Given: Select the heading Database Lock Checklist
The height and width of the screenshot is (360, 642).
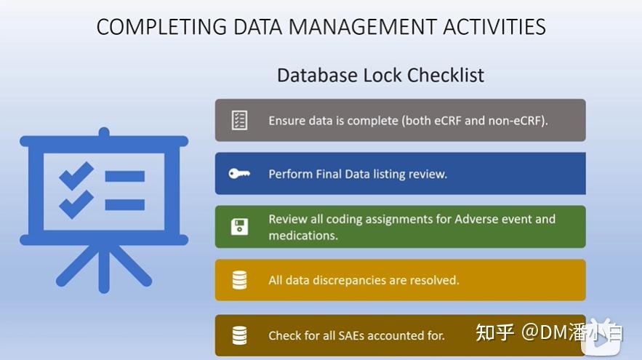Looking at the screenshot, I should (380, 75).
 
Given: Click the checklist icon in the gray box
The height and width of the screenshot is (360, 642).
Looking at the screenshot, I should (239, 120).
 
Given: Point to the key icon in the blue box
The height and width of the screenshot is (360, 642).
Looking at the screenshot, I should (239, 174).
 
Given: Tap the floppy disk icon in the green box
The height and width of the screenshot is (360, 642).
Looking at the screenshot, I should (239, 227).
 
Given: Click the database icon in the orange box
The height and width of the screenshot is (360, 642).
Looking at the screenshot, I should (239, 280).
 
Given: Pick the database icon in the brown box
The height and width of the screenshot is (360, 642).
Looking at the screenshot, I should (239, 335).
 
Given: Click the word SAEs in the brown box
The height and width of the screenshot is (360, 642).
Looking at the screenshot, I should (353, 335).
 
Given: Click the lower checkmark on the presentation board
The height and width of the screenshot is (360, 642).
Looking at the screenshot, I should (76, 204).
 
